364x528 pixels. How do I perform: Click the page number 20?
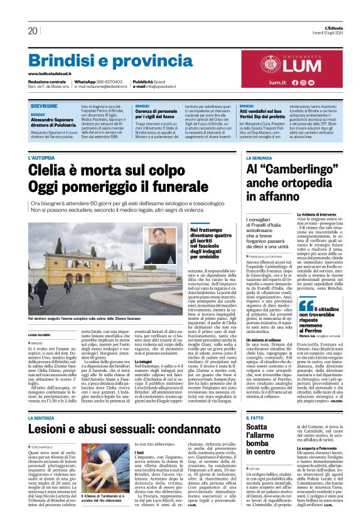(33, 31)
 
